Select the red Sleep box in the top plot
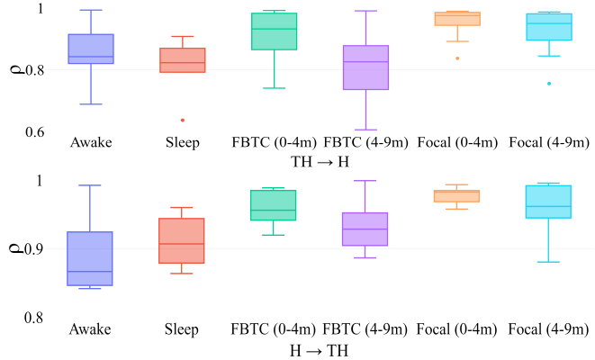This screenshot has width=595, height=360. point(182,59)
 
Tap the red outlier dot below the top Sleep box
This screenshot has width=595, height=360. point(182,120)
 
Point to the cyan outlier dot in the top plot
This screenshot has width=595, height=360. point(549,84)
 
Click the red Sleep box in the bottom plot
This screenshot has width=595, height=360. point(182,240)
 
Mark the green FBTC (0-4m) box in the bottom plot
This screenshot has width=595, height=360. point(274,204)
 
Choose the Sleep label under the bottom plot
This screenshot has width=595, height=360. point(182,329)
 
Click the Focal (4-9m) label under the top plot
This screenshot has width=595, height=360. point(549,143)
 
